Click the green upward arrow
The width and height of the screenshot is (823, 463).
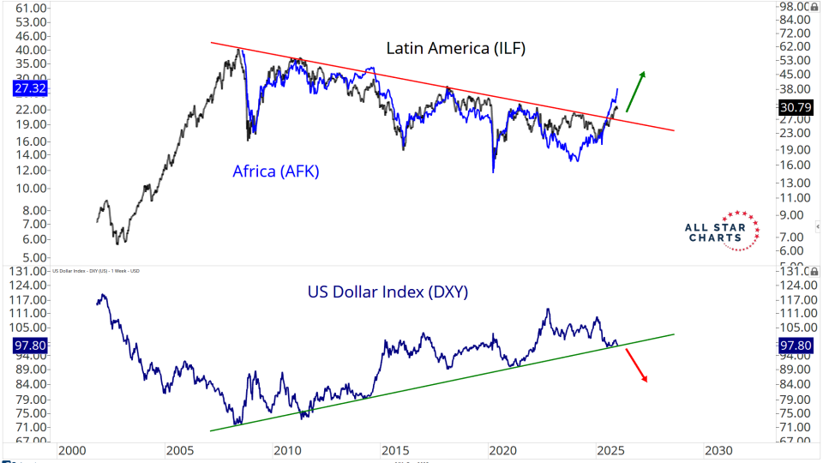point(635,91)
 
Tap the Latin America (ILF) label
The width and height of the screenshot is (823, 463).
point(455,48)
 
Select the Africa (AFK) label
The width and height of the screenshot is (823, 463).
point(275,171)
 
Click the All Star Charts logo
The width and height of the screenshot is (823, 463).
point(724,231)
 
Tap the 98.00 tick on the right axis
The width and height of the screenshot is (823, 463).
point(791,7)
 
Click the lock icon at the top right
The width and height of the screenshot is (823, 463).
point(815,6)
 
